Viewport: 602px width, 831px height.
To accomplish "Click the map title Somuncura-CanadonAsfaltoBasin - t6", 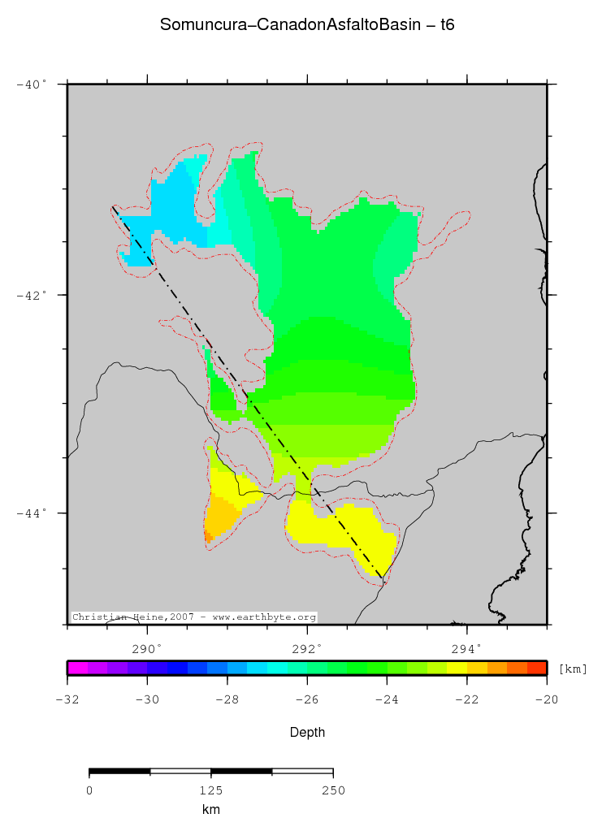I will tap(307, 25).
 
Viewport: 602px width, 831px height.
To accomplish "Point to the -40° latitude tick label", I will tap(32, 84).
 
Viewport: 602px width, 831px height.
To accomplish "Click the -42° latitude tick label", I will tap(32, 295).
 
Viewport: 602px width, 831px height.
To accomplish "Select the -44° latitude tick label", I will tap(32, 513).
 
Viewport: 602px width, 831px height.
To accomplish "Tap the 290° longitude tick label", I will tap(147, 647).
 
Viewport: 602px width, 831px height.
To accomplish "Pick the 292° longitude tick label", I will tap(307, 647).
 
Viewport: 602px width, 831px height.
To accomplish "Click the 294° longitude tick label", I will tap(466, 647).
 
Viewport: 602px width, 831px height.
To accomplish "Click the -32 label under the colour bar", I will tap(67, 700).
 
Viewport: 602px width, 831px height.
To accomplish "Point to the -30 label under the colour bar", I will tap(147, 700).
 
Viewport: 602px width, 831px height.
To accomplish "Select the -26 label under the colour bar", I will tap(307, 700).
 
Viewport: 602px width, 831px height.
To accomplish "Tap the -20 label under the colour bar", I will tap(547, 700).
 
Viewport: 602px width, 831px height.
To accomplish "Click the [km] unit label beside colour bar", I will tap(573, 669).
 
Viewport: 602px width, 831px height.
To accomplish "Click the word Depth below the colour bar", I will tap(307, 732).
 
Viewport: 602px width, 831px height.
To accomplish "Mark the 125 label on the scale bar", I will tap(210, 790).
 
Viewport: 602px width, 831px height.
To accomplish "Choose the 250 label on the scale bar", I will tap(333, 790).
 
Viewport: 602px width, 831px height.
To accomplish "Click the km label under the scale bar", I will tap(210, 809).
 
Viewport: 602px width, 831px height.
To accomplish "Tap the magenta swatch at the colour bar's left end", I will tap(76, 669).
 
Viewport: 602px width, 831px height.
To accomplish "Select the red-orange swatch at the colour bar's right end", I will tap(536, 669).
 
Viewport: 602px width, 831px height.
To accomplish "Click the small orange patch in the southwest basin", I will tap(209, 536).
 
